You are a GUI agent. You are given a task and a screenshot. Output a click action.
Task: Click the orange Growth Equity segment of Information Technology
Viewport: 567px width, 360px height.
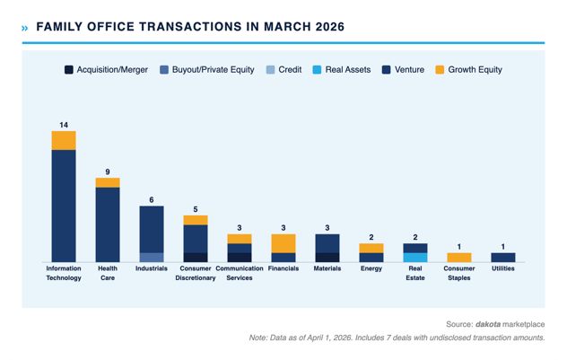click(64, 140)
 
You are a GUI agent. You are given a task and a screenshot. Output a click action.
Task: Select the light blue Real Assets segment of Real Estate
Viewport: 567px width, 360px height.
click(414, 257)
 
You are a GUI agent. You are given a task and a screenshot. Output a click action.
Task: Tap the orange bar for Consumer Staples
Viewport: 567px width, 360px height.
click(458, 257)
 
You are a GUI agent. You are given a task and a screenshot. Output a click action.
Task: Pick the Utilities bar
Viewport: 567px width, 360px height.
click(502, 257)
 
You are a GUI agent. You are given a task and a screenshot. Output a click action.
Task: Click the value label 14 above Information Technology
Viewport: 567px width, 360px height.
click(64, 125)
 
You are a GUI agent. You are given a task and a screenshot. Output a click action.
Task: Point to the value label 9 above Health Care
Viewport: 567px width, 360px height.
click(108, 171)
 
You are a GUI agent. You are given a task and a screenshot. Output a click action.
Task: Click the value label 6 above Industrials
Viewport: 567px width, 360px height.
click(152, 199)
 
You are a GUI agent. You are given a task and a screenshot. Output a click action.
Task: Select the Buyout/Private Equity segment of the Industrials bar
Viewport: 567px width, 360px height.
click(152, 257)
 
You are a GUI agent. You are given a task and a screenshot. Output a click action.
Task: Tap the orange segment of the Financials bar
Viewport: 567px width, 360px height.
click(283, 243)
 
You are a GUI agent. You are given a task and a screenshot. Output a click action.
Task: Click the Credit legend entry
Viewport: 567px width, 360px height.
click(286, 69)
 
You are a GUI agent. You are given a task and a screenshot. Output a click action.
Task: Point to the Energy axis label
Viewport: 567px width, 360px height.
click(371, 268)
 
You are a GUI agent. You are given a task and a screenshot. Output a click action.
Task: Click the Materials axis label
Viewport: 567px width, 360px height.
click(327, 268)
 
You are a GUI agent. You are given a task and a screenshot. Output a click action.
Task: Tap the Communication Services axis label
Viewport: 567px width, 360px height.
click(240, 273)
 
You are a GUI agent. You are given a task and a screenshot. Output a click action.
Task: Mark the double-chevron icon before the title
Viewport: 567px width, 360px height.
click(24, 28)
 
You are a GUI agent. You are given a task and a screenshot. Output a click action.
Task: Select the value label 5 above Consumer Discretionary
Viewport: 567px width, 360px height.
click(196, 209)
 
